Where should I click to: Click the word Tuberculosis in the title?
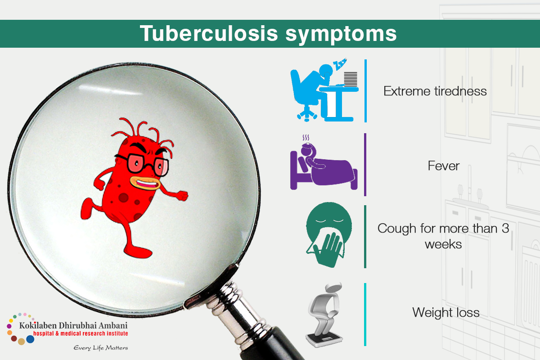pyautogui.click(x=209, y=33)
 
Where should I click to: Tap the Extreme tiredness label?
pyautogui.click(x=435, y=91)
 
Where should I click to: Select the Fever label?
pyautogui.click(x=444, y=166)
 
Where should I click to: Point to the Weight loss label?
pyautogui.click(x=446, y=312)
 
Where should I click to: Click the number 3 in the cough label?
pyautogui.click(x=505, y=228)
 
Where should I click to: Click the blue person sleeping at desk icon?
pyautogui.click(x=324, y=90)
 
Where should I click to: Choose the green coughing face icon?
pyautogui.click(x=329, y=234)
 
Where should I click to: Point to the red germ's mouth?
pyautogui.click(x=145, y=183)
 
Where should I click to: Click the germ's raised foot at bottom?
pyautogui.click(x=137, y=252)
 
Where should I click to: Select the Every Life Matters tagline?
pyautogui.click(x=101, y=348)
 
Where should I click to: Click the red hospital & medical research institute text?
pyautogui.click(x=81, y=333)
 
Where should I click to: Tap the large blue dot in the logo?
pyautogui.click(x=30, y=339)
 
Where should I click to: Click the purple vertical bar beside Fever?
pyautogui.click(x=365, y=164)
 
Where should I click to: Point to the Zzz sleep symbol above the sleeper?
pyautogui.click(x=340, y=63)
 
